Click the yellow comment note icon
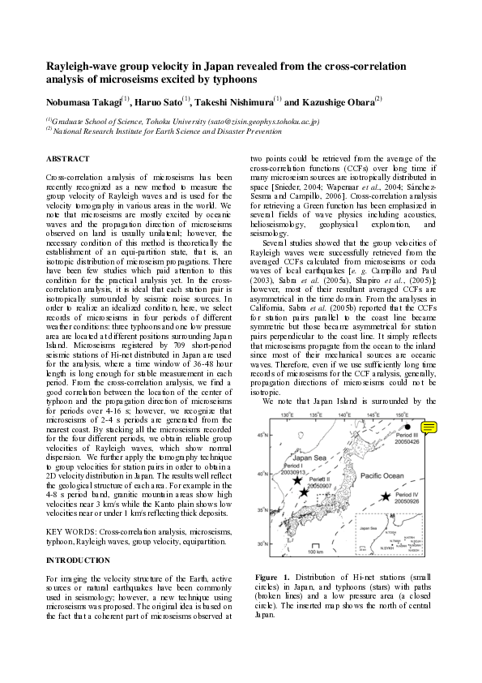click(429, 427)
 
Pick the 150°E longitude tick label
click(402, 415)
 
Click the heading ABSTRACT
click(68, 159)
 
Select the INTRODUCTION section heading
click(77, 561)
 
